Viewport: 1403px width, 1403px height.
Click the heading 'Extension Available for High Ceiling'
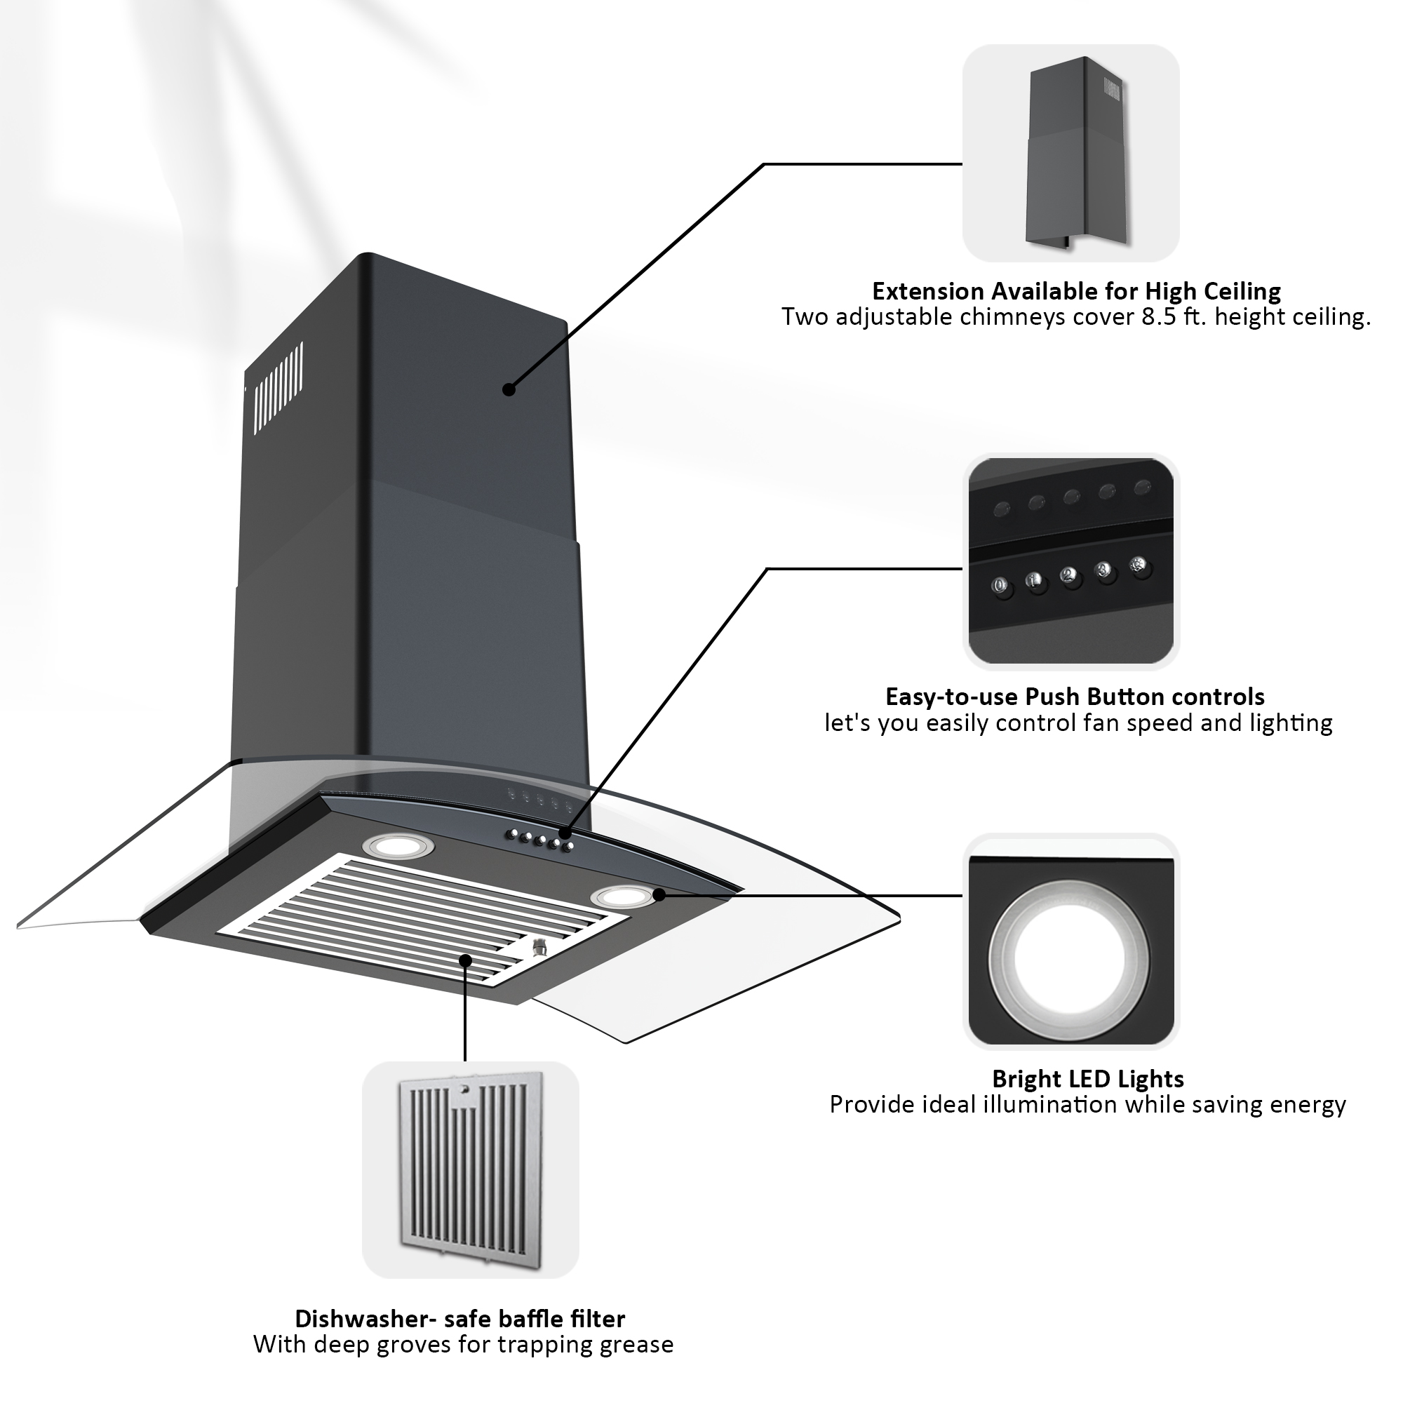click(x=1075, y=291)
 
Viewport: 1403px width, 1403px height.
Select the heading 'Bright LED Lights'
click(x=1087, y=1078)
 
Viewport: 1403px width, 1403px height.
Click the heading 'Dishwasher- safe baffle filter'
click(x=459, y=1318)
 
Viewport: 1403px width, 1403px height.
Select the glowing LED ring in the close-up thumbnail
click(x=1070, y=956)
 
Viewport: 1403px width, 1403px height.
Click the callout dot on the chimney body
click(x=509, y=390)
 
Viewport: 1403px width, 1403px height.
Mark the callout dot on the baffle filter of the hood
click(x=466, y=961)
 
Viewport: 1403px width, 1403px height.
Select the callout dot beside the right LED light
click(x=659, y=894)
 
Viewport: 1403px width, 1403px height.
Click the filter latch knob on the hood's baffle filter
click(x=538, y=948)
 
